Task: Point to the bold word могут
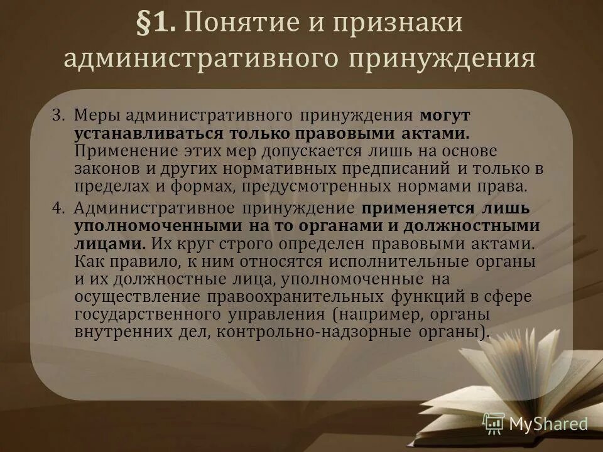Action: coord(445,116)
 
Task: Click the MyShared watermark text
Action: coord(548,424)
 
